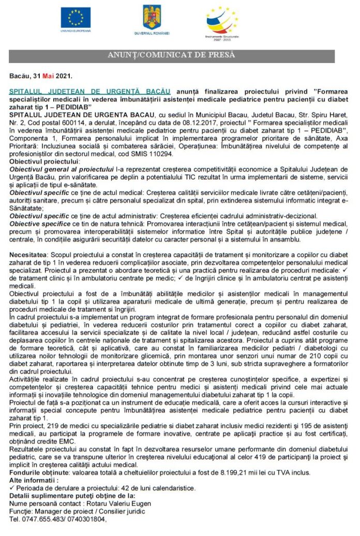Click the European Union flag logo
76,18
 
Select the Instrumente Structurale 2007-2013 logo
222,21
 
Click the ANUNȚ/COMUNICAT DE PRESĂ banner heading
171,55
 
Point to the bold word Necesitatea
28,256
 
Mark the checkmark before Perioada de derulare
12,488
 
